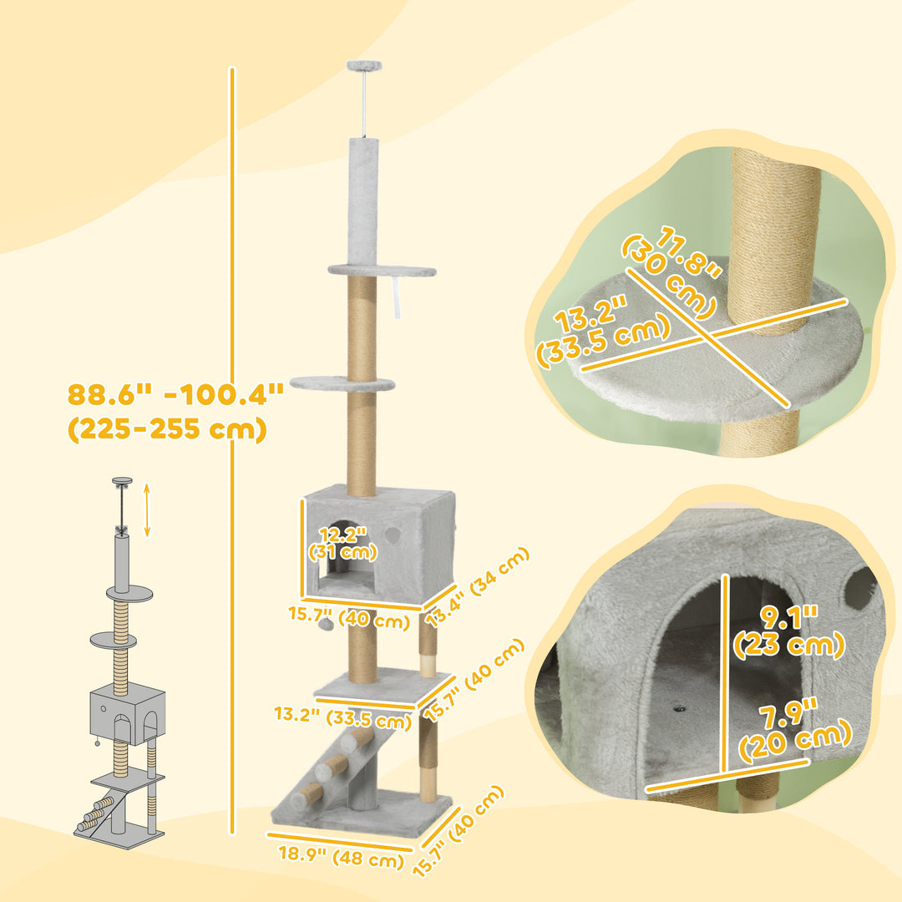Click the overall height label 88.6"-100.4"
pyautogui.click(x=175, y=393)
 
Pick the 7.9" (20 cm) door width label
pyautogui.click(x=793, y=732)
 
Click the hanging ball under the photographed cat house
pyautogui.click(x=331, y=622)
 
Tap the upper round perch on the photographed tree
pyautogui.click(x=382, y=271)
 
